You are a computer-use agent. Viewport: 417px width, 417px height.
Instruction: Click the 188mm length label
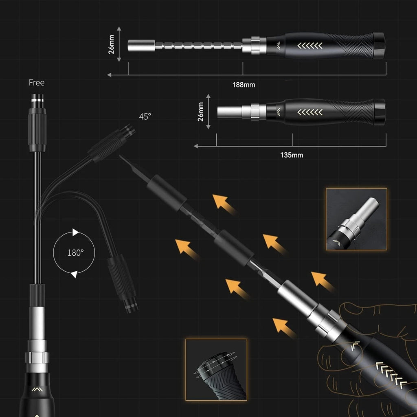[244, 85]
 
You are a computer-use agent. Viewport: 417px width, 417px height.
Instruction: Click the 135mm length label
[292, 155]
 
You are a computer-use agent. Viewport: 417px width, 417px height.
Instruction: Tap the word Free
[37, 83]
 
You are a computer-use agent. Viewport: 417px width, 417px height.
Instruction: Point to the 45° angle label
[145, 116]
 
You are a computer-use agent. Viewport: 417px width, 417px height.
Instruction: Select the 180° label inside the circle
[75, 252]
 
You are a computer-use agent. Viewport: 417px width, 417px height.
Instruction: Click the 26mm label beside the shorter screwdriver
[201, 112]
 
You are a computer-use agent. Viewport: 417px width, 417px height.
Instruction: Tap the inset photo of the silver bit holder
[356, 219]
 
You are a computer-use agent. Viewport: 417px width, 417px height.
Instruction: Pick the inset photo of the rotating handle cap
[216, 369]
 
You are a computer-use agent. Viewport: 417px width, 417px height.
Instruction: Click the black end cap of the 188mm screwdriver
[379, 46]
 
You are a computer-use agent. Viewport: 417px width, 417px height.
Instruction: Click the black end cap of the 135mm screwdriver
[379, 112]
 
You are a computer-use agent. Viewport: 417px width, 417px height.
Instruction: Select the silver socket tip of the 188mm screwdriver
[141, 45]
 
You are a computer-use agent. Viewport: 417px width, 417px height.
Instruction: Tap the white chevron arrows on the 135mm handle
[310, 112]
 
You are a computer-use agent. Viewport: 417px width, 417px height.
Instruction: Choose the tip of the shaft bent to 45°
[129, 130]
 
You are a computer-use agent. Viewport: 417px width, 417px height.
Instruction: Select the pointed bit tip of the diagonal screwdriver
[122, 158]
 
